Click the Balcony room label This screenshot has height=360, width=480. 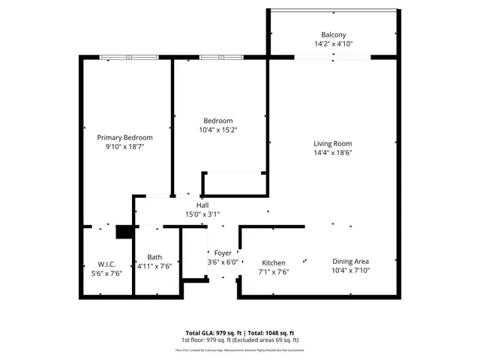click(x=334, y=35)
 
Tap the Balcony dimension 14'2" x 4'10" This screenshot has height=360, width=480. click(x=334, y=44)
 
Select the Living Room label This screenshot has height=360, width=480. click(x=332, y=143)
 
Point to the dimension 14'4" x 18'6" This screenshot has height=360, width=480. click(x=332, y=152)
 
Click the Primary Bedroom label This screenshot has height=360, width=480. click(x=125, y=137)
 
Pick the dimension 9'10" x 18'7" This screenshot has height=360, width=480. click(x=125, y=147)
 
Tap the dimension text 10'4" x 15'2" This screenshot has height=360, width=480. click(x=218, y=130)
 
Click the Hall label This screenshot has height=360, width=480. click(x=202, y=205)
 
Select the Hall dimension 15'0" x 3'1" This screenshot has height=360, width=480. click(x=202, y=214)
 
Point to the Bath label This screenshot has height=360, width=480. click(x=154, y=256)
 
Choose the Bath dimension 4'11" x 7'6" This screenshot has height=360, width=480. click(x=154, y=265)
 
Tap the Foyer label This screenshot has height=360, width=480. click(x=223, y=253)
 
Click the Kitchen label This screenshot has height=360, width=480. click(x=273, y=262)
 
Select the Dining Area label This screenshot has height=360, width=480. click(x=351, y=261)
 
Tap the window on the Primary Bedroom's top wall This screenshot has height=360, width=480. click(x=129, y=56)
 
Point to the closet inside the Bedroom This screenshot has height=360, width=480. click(x=233, y=183)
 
